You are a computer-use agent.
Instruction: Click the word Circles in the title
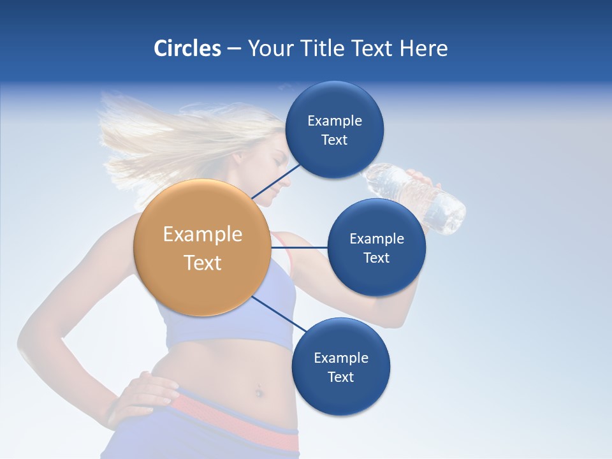pyautogui.click(x=187, y=48)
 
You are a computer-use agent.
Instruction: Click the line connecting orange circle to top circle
pyautogui.click(x=275, y=180)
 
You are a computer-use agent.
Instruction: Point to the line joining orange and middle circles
pyautogui.click(x=300, y=247)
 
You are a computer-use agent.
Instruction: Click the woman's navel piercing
pyautogui.click(x=259, y=390)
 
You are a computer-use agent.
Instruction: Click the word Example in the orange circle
pyautogui.click(x=202, y=235)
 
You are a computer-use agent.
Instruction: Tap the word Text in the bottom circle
pyautogui.click(x=340, y=377)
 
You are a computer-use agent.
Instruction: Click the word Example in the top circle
pyautogui.click(x=334, y=121)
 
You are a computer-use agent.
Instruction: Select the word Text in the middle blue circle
pyautogui.click(x=376, y=258)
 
